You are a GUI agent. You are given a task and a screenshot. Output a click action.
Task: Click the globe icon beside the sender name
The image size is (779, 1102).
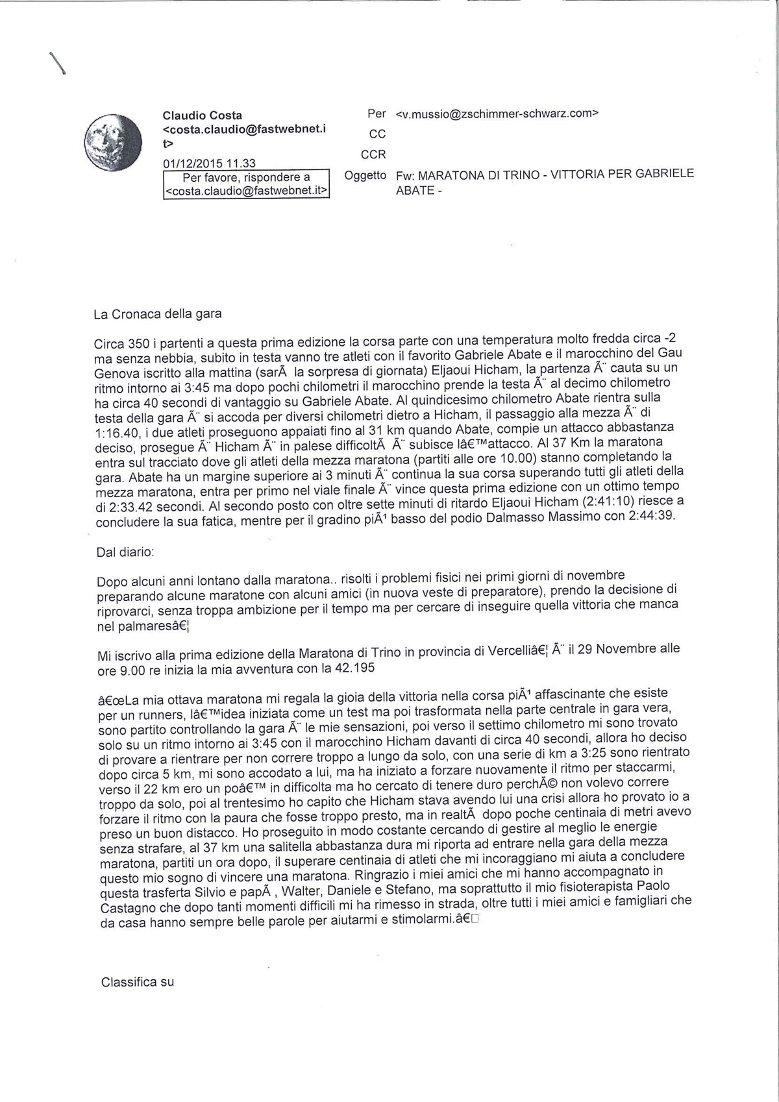pyautogui.click(x=114, y=142)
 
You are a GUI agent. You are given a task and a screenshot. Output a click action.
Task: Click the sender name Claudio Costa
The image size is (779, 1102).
pyautogui.click(x=202, y=116)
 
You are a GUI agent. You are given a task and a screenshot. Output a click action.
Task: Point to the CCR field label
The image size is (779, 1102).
pyautogui.click(x=373, y=154)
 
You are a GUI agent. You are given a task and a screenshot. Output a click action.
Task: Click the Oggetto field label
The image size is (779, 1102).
pyautogui.click(x=365, y=175)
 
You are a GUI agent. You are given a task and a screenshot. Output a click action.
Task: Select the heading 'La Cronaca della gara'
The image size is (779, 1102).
pyautogui.click(x=158, y=314)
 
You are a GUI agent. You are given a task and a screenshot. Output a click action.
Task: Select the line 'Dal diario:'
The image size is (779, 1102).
pyautogui.click(x=125, y=552)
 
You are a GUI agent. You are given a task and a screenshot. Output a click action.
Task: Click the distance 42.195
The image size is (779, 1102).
pyautogui.click(x=353, y=668)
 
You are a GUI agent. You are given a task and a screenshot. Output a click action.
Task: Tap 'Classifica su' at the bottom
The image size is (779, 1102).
pyautogui.click(x=138, y=982)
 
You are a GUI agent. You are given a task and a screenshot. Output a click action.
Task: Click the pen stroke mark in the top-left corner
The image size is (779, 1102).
pyautogui.click(x=58, y=64)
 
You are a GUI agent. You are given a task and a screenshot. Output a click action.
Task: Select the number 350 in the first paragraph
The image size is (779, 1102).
pyautogui.click(x=138, y=343)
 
